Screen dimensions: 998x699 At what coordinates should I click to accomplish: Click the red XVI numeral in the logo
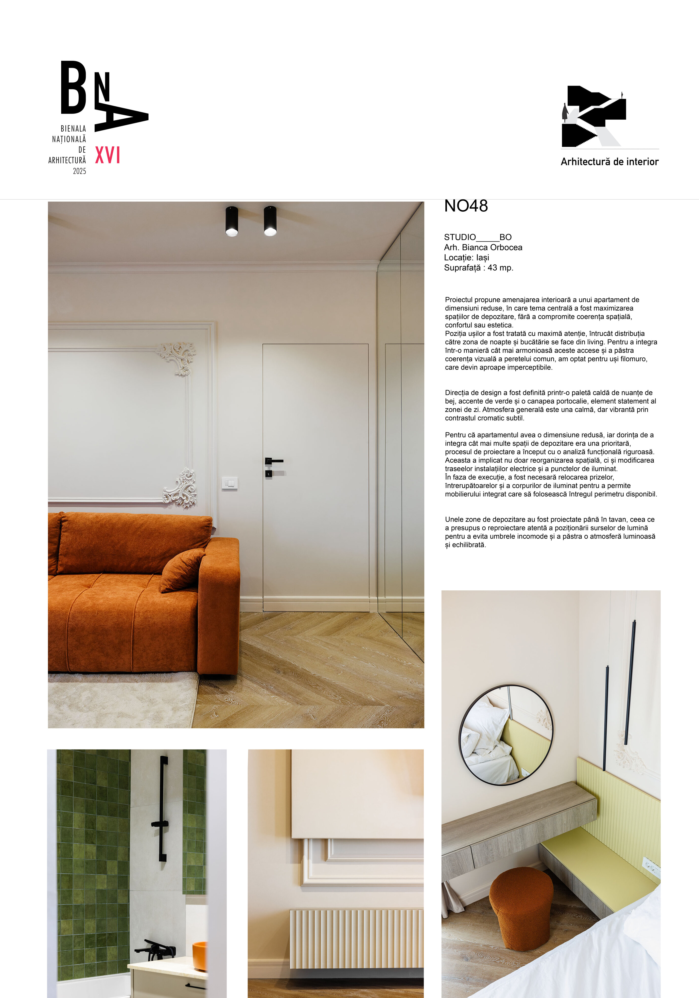(108, 155)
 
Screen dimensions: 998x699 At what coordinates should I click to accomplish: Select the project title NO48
(466, 206)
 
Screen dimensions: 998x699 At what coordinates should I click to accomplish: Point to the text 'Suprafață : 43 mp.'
(478, 268)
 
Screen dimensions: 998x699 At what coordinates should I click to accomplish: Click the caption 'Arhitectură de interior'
(609, 162)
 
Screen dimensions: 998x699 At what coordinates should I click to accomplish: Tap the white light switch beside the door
(230, 483)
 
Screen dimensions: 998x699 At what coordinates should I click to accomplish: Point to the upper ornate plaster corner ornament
(177, 357)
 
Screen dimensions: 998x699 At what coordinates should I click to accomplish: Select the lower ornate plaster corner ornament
(181, 488)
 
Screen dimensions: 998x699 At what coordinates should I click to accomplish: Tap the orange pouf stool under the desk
(521, 907)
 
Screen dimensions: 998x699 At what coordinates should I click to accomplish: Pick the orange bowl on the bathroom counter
(200, 956)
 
